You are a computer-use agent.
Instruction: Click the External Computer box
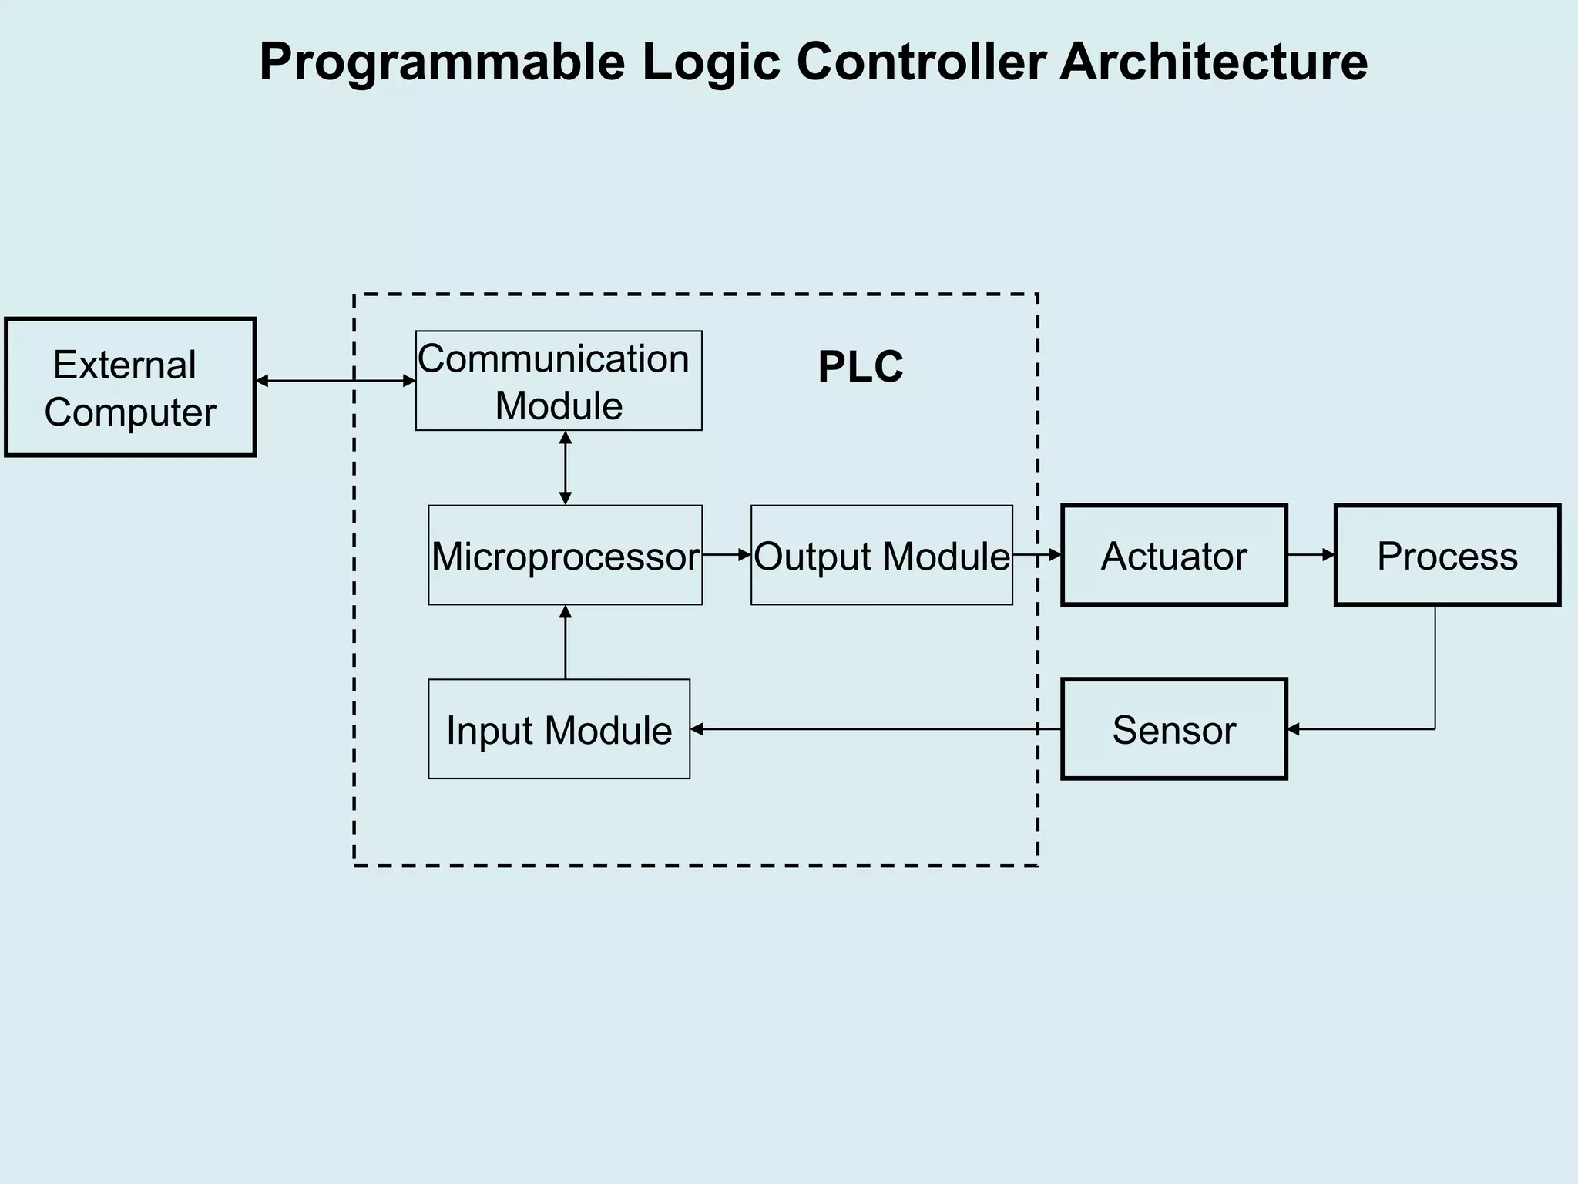click(130, 387)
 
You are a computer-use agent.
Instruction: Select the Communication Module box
click(559, 381)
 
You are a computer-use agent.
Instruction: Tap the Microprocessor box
click(565, 555)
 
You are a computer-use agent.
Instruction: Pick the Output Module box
click(881, 555)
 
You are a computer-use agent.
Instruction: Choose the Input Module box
click(559, 729)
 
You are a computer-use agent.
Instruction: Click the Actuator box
click(1173, 555)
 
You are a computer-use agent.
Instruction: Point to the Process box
click(1447, 555)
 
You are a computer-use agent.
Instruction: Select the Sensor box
click(1173, 729)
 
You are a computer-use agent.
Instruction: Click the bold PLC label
click(860, 367)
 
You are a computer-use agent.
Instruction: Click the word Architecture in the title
click(1214, 62)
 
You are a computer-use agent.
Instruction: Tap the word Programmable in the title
click(442, 62)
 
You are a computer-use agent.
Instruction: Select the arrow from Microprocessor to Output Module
click(727, 554)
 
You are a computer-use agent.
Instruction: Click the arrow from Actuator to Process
click(1311, 554)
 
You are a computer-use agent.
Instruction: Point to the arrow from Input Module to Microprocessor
click(566, 642)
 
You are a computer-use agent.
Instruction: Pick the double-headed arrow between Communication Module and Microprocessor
click(566, 468)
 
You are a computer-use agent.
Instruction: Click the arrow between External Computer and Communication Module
click(335, 381)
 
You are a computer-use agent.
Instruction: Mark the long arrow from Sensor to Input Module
click(875, 729)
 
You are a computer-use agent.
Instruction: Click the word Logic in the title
click(711, 62)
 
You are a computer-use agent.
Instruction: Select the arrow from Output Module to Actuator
click(1037, 554)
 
